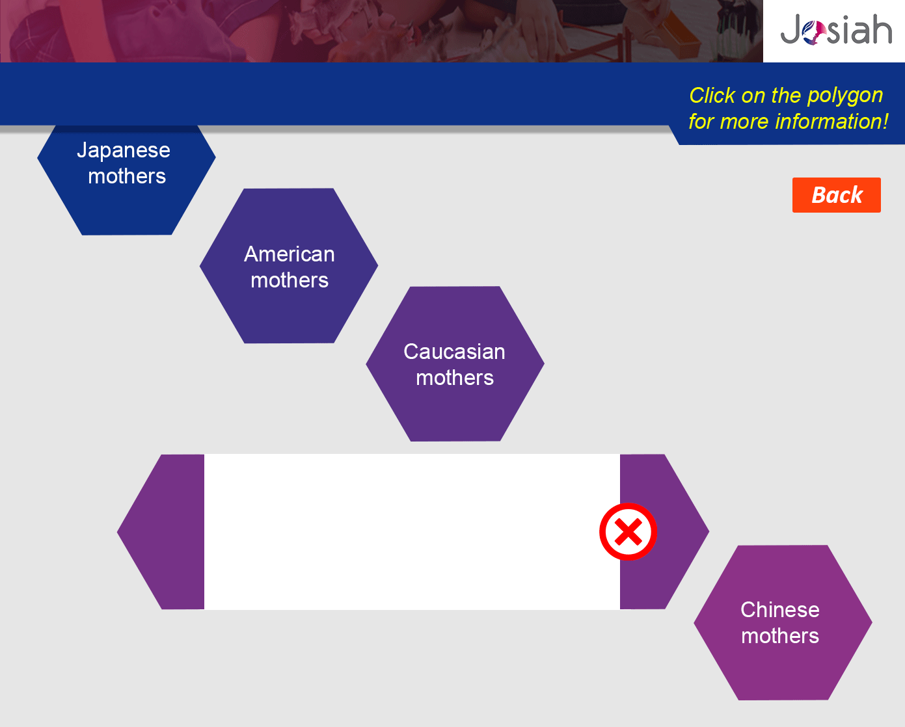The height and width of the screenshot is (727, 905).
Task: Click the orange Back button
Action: [x=837, y=195]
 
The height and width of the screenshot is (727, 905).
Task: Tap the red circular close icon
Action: [x=628, y=532]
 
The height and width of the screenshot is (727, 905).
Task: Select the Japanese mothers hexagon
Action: [x=127, y=180]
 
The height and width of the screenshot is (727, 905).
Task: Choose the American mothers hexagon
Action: [x=289, y=266]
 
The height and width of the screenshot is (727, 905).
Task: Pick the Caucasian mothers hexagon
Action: [x=455, y=363]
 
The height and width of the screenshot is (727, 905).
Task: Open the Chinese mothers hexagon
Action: [x=783, y=623]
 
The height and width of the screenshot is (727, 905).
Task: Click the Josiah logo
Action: [x=836, y=29]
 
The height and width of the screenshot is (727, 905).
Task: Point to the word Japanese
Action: [x=124, y=150]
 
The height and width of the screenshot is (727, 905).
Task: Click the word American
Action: [x=290, y=254]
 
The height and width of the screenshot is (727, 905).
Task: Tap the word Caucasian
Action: [x=455, y=352]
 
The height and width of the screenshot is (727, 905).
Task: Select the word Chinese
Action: [x=780, y=610]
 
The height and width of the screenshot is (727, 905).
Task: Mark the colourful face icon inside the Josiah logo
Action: [x=814, y=33]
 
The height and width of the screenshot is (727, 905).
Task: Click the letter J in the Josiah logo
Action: [x=790, y=29]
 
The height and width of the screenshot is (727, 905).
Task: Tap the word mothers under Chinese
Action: [x=780, y=636]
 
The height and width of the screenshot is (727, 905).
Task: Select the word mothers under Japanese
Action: [x=127, y=176]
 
